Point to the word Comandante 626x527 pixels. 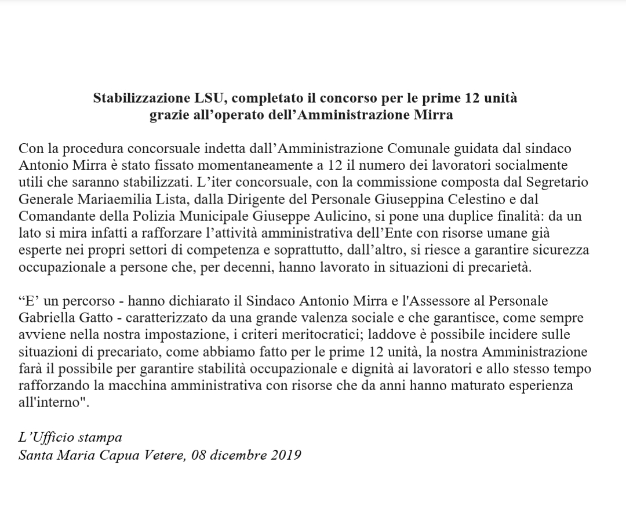click(x=53, y=216)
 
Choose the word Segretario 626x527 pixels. click(x=551, y=182)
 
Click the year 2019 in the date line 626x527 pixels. click(x=286, y=455)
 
